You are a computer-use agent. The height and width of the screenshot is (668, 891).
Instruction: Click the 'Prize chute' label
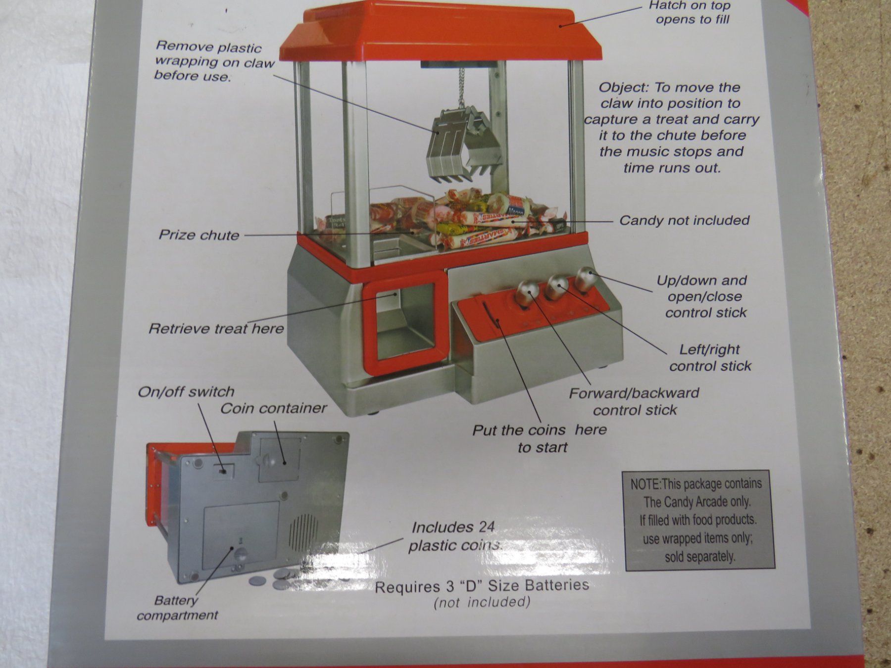click(x=199, y=235)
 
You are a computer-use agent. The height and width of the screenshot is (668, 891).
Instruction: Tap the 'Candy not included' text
click(x=685, y=220)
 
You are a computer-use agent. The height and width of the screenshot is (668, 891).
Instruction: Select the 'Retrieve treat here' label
click(x=216, y=329)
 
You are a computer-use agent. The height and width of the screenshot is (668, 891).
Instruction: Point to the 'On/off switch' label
click(x=186, y=392)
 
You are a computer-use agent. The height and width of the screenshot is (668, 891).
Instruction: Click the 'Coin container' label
click(x=274, y=408)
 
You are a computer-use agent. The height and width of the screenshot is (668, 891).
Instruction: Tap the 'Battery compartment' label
click(x=177, y=608)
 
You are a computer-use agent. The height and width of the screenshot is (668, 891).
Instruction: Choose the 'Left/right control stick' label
click(x=710, y=358)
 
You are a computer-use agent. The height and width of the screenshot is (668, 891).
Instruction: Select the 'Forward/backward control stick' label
click(x=634, y=401)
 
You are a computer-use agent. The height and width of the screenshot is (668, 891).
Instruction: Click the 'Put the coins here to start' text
click(x=540, y=438)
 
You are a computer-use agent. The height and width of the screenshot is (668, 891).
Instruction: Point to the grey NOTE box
click(x=698, y=521)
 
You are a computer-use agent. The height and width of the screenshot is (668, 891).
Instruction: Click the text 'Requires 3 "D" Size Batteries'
click(x=482, y=586)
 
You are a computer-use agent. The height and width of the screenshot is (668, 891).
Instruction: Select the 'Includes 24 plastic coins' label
click(x=453, y=536)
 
